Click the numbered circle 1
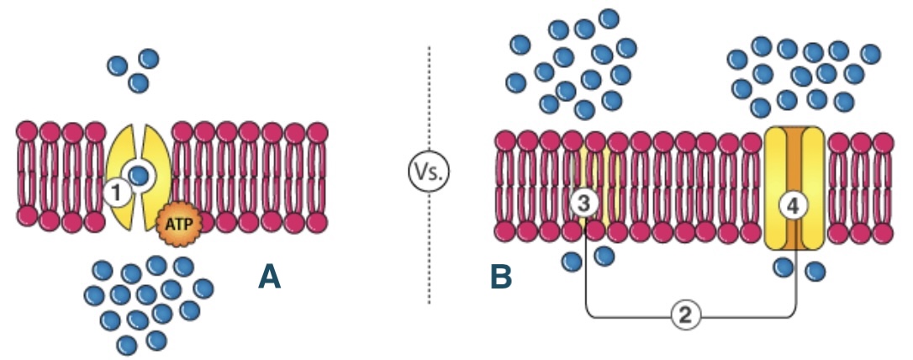pyautogui.click(x=119, y=194)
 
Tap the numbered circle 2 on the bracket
pyautogui.click(x=686, y=315)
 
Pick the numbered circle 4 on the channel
pyautogui.click(x=791, y=204)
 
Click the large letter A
pyautogui.click(x=268, y=276)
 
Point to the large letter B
pyautogui.click(x=501, y=276)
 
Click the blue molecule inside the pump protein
pyautogui.click(x=140, y=175)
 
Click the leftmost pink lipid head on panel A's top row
pyautogui.click(x=27, y=132)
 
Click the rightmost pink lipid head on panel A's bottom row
pyautogui.click(x=317, y=220)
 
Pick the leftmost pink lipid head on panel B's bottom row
pyautogui.click(x=505, y=230)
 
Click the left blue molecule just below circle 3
pyautogui.click(x=572, y=262)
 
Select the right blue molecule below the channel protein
pyautogui.click(x=815, y=271)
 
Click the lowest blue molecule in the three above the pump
pyautogui.click(x=139, y=83)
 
